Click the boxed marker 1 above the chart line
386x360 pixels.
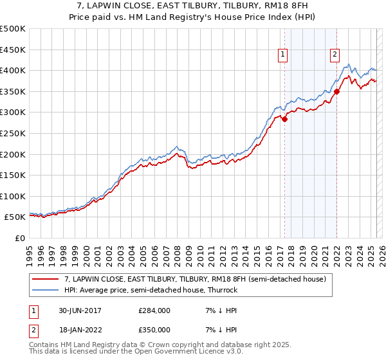283,55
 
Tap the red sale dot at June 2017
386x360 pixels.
284,119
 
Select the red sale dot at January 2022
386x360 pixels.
336,91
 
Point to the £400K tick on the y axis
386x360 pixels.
13,70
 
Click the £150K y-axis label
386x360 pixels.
13,175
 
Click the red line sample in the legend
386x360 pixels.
46,279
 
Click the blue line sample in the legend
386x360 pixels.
46,290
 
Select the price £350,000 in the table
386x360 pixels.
154,330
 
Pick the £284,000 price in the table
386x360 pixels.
154,310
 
